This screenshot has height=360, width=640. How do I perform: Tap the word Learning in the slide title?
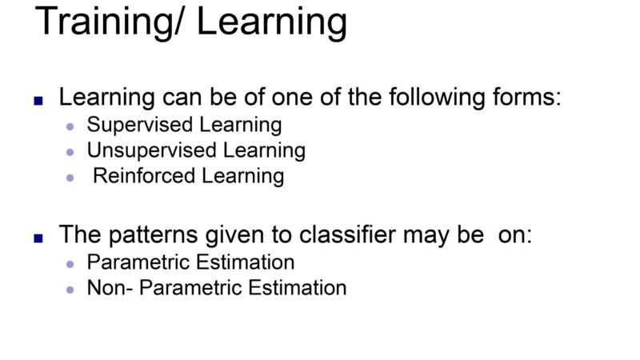(272, 23)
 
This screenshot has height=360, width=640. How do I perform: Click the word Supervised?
(139, 126)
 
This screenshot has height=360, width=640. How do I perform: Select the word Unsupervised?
(151, 151)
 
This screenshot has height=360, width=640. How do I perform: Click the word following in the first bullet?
(437, 98)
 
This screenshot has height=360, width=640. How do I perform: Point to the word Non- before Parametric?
(110, 287)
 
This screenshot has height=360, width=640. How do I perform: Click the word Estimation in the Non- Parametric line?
(297, 287)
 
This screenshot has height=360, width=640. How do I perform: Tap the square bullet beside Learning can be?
(38, 101)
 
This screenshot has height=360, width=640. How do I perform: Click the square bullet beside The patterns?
(38, 238)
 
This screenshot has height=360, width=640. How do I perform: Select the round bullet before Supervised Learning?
(70, 127)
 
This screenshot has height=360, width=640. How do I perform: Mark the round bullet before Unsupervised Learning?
(70, 153)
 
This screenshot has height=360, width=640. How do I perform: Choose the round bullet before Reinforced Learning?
(70, 178)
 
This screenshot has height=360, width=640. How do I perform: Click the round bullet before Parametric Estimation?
(70, 265)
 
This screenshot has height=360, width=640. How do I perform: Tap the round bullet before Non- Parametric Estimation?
(70, 290)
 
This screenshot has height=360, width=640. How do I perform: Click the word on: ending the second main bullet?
(515, 235)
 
